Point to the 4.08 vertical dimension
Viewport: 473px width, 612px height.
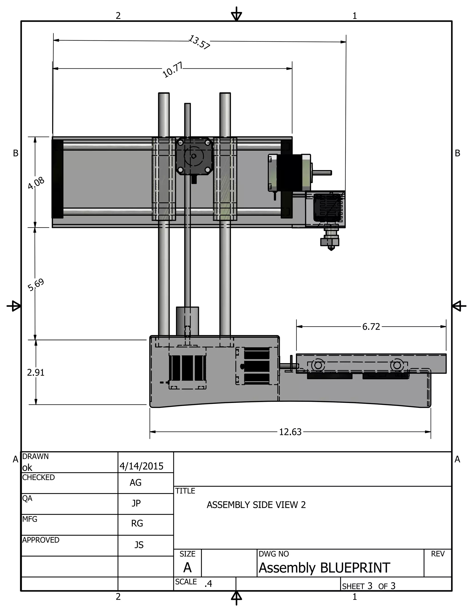pos(36,183)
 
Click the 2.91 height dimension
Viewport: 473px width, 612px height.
pos(36,373)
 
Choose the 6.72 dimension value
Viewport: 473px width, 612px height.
pos(371,327)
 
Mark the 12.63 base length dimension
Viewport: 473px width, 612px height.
pos(290,432)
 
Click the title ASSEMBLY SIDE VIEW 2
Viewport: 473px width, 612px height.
pos(256,505)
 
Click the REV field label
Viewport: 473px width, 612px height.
pos(438,554)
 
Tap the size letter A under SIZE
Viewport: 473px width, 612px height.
pos(187,568)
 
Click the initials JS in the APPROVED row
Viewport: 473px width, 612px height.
pos(139,545)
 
